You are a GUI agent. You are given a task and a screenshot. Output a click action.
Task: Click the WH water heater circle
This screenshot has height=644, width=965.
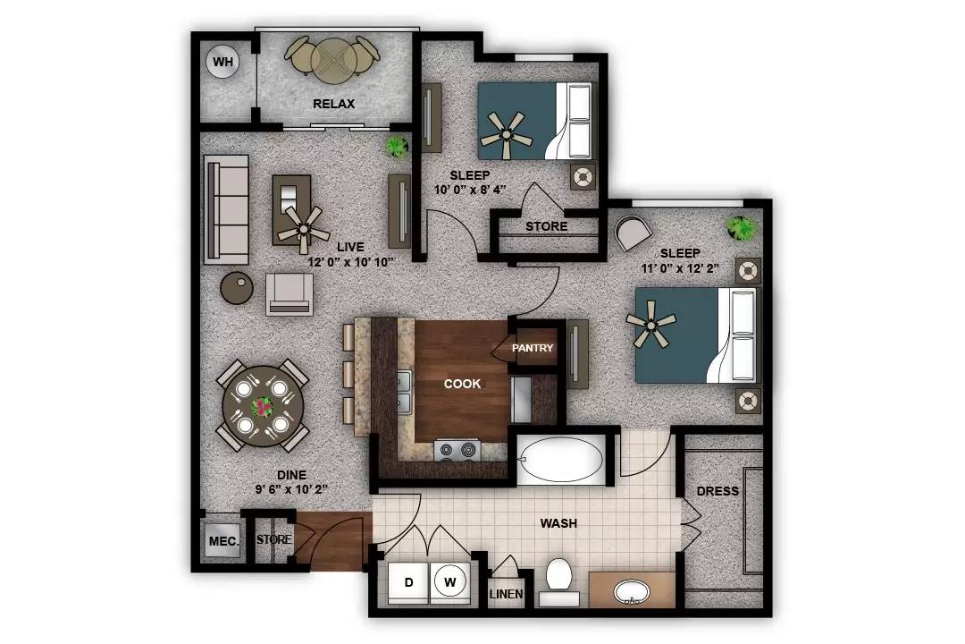pyautogui.click(x=222, y=63)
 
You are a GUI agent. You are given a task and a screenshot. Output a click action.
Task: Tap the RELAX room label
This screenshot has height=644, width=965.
pyautogui.click(x=333, y=104)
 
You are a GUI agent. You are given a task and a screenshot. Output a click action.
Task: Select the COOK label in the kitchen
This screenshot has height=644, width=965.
pyautogui.click(x=463, y=384)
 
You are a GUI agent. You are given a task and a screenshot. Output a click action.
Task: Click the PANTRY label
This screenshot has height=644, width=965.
pyautogui.click(x=533, y=348)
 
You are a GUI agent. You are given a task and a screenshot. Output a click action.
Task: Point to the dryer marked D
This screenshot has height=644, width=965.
pyautogui.click(x=408, y=583)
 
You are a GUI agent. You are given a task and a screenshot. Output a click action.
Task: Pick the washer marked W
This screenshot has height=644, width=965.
pyautogui.click(x=452, y=583)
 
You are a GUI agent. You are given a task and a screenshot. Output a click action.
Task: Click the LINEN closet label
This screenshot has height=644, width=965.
pyautogui.click(x=506, y=594)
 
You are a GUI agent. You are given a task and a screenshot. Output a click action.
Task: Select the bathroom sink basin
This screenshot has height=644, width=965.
pyautogui.click(x=632, y=592)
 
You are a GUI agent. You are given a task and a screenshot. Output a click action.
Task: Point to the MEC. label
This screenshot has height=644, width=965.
pyautogui.click(x=222, y=541)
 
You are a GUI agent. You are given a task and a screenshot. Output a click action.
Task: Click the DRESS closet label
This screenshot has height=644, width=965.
pyautogui.click(x=717, y=491)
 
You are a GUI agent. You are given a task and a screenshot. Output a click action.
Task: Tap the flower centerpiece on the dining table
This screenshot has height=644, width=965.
pyautogui.click(x=263, y=407)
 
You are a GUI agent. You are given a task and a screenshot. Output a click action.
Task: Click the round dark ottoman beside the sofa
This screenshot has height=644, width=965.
pyautogui.click(x=238, y=286)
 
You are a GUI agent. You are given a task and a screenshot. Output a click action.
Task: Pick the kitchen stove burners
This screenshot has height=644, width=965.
pyautogui.click(x=457, y=451)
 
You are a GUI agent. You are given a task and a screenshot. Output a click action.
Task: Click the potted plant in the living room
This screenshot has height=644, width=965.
pyautogui.click(x=397, y=146)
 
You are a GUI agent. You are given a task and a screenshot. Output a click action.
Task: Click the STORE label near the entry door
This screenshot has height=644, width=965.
pyautogui.click(x=274, y=539)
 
